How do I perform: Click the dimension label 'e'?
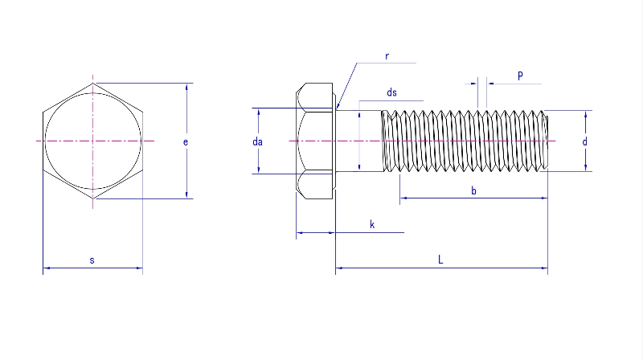click(x=186, y=142)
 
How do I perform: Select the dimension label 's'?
click(x=92, y=260)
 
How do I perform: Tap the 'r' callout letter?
click(x=387, y=56)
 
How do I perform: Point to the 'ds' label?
click(x=391, y=93)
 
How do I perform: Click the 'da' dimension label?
click(x=258, y=141)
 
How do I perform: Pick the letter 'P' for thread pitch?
click(x=520, y=76)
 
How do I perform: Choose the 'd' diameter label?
click(x=584, y=141)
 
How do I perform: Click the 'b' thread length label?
click(x=473, y=190)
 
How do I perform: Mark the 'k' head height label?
click(x=372, y=224)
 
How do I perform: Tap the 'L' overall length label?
click(x=440, y=260)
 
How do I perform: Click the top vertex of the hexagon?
click(x=94, y=84)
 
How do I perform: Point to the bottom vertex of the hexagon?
click(x=94, y=198)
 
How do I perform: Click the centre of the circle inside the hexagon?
click(x=94, y=141)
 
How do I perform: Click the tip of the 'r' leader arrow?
click(x=338, y=108)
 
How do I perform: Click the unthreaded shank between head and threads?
click(x=358, y=141)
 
